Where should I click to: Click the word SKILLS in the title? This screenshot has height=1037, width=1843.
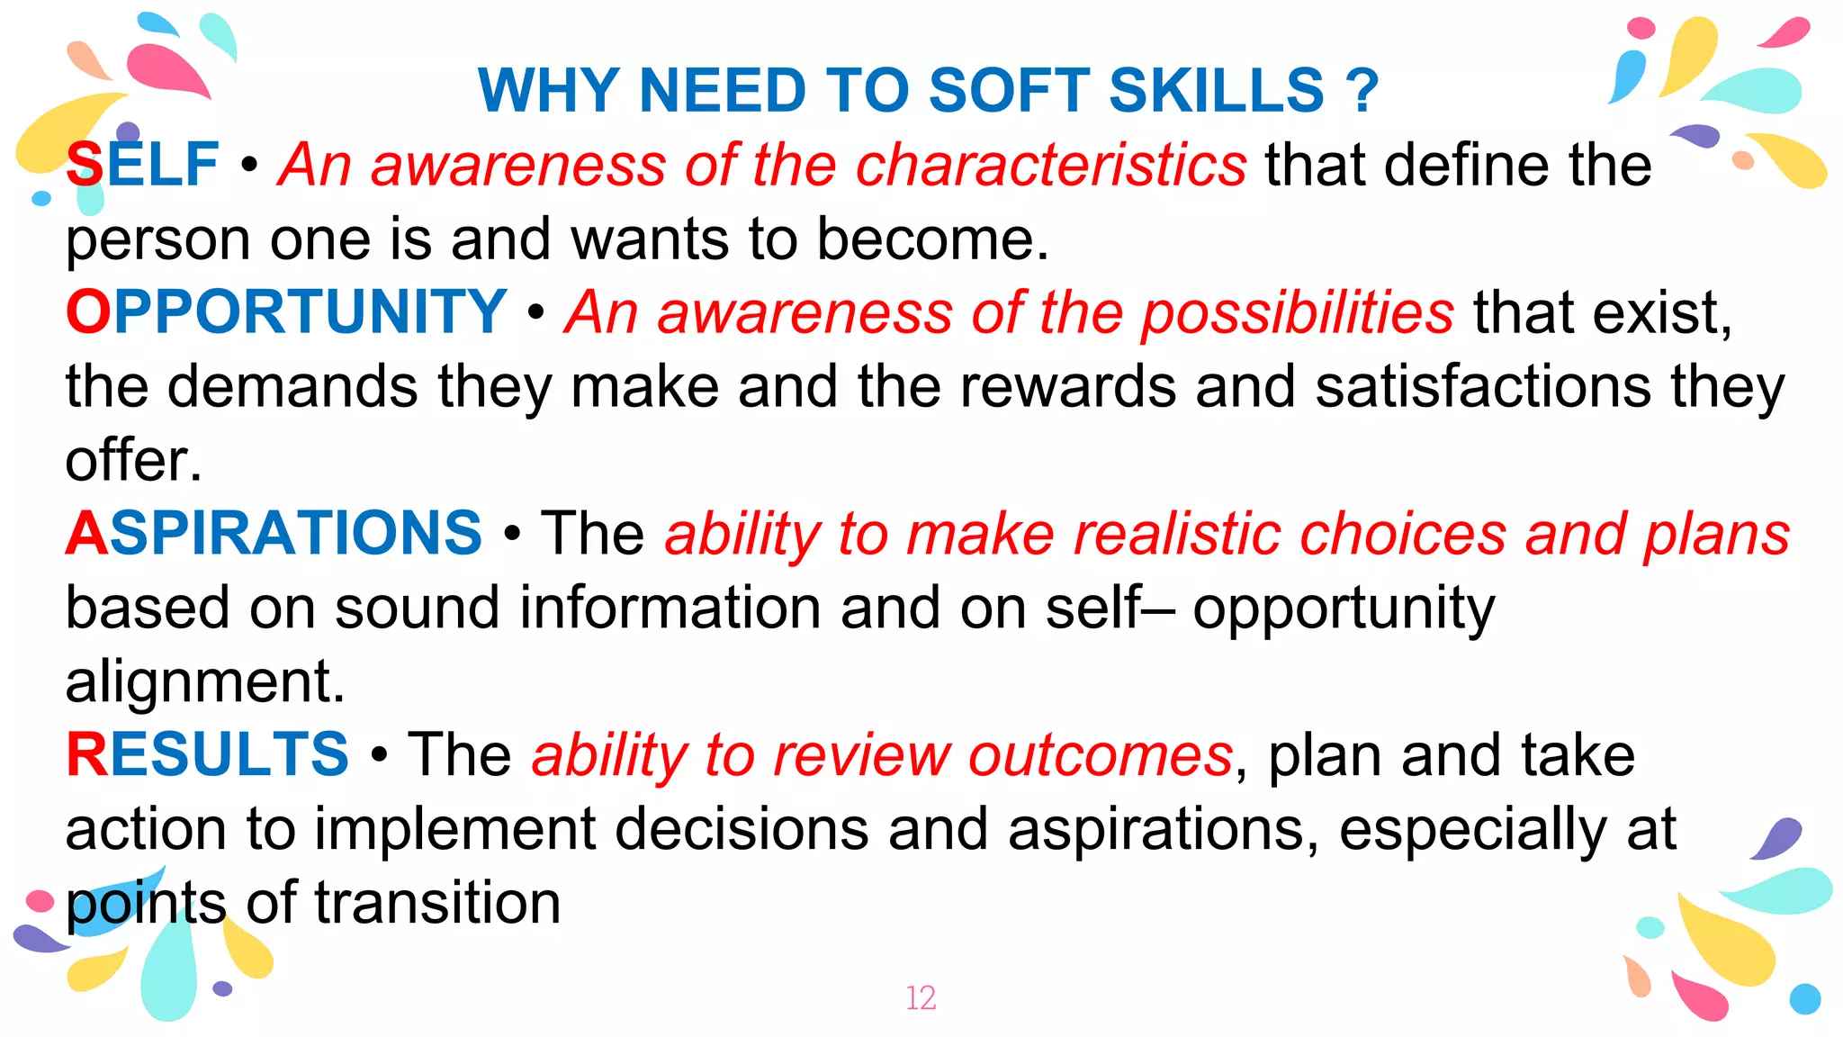pos(1216,91)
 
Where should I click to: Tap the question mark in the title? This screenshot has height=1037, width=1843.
pos(1362,91)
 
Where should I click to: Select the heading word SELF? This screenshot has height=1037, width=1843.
pos(142,165)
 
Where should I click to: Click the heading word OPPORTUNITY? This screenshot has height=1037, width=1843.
pos(286,312)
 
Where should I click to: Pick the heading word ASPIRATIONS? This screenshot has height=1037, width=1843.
pos(274,533)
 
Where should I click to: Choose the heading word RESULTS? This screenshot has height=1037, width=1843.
pos(207,754)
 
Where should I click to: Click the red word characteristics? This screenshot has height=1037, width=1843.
pos(1050,165)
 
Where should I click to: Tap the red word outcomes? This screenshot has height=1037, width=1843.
pos(1100,754)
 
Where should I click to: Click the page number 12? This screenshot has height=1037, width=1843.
pos(921,998)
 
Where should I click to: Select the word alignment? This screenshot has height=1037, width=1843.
pos(205,682)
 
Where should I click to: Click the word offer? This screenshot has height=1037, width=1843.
pos(133,460)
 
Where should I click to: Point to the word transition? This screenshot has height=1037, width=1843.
pos(437,903)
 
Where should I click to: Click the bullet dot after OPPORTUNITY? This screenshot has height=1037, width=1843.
pos(536,313)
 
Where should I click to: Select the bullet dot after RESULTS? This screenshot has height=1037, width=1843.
pos(379,755)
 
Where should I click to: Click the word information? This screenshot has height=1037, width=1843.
pos(670,608)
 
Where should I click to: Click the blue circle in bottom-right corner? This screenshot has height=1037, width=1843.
pos(1804,999)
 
